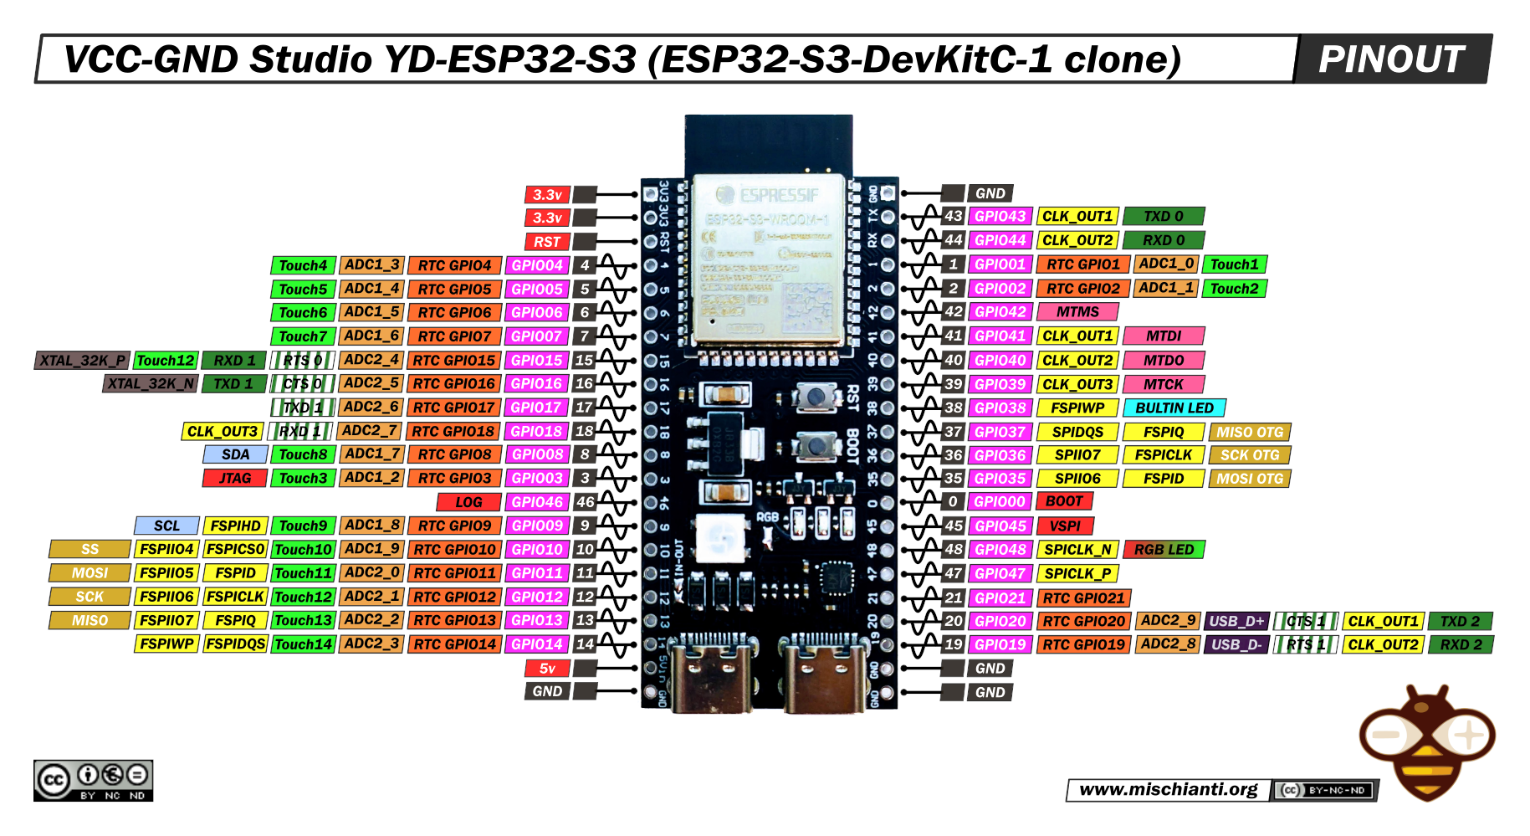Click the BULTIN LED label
1174,408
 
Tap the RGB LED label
1164,550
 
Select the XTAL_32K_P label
82,361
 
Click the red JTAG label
235,479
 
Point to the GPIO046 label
537,502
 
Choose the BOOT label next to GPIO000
1064,501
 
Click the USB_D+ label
1236,621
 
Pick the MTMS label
1077,312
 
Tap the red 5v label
547,669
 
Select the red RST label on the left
547,242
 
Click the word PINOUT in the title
1391,59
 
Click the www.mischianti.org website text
1168,789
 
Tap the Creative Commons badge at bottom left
93,781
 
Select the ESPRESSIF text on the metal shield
778,196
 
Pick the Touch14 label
304,644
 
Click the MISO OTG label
1250,432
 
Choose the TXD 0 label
1163,216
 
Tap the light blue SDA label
235,454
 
